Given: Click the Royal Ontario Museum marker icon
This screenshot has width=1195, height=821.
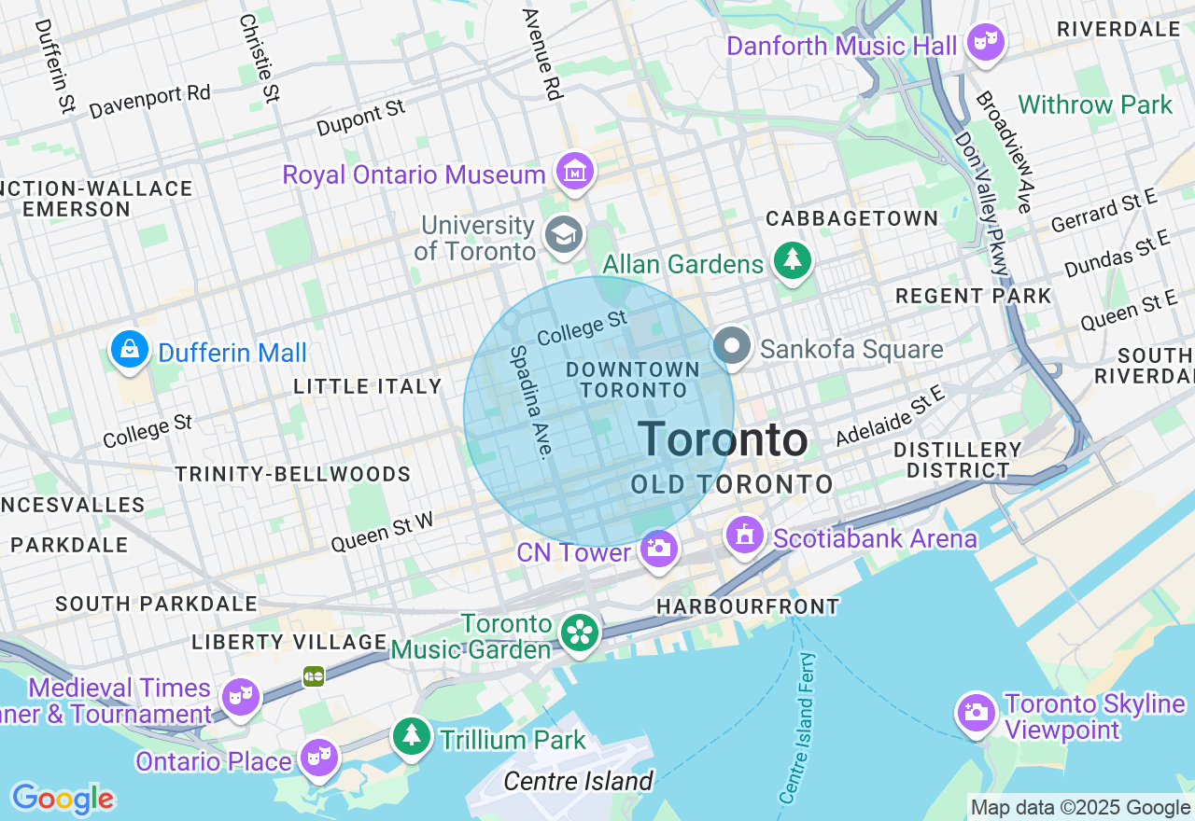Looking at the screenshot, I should click(575, 173).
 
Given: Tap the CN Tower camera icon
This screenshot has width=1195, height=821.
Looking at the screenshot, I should click(659, 548).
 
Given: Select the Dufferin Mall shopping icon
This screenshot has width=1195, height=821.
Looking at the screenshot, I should click(129, 350).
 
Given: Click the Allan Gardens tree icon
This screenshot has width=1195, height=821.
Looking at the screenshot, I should click(793, 261).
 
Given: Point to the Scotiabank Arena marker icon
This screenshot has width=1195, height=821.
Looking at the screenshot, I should click(745, 536).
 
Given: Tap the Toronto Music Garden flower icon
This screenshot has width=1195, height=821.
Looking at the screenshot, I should click(580, 633).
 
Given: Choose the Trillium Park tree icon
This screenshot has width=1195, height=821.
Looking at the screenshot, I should click(411, 736).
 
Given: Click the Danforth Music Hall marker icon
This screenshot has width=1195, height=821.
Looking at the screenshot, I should click(985, 42).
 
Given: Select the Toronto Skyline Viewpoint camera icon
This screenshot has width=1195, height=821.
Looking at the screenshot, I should click(976, 712).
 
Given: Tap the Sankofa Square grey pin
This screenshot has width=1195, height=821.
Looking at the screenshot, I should click(733, 346).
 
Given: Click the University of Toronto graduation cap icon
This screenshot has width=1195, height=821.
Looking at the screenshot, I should click(565, 235).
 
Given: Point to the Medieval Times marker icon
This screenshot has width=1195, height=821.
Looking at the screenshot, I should click(240, 695).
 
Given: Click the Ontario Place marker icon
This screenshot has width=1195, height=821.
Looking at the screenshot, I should click(319, 757).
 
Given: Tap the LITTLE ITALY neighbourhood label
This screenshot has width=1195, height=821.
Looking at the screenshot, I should click(367, 386).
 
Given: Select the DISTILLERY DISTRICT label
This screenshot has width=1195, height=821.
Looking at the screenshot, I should click(958, 460).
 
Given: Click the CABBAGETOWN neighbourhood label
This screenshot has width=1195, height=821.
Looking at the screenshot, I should click(851, 218).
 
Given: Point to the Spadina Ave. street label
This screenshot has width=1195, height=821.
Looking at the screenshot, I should click(528, 401).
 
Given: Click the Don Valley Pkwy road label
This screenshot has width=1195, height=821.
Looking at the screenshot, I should click(982, 203).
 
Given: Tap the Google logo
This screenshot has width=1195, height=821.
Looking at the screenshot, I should click(63, 799).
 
